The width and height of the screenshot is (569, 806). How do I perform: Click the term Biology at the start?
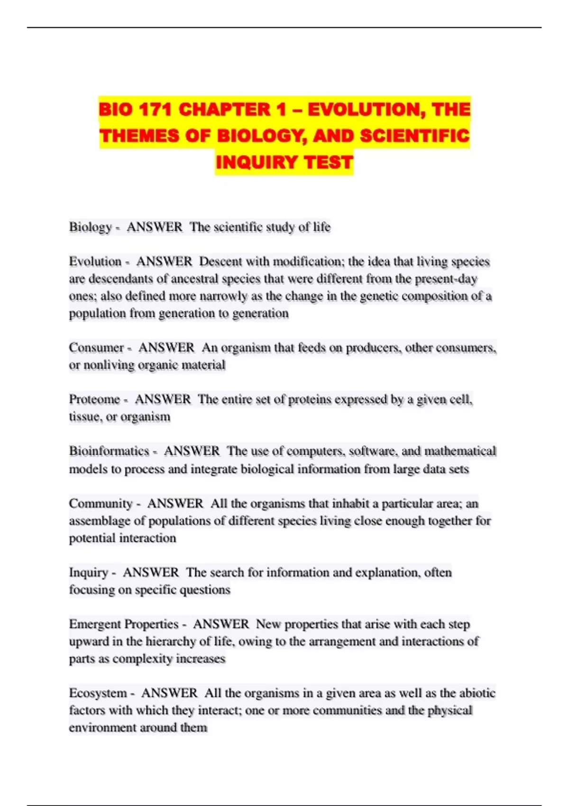[x=90, y=227]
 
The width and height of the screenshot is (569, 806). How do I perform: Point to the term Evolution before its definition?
[x=95, y=262]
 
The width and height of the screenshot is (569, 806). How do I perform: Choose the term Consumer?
[x=96, y=348]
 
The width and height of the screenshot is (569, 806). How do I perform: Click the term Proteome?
[x=94, y=400]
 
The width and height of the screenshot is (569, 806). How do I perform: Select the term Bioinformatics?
[x=109, y=451]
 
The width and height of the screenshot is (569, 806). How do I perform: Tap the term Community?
[x=101, y=504]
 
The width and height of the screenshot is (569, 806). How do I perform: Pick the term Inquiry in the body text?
[x=89, y=573]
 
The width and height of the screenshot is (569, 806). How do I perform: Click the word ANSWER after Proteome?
[x=163, y=400]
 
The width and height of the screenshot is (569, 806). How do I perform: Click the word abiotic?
[x=477, y=693]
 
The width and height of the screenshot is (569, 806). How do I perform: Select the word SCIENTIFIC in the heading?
[x=415, y=136]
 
